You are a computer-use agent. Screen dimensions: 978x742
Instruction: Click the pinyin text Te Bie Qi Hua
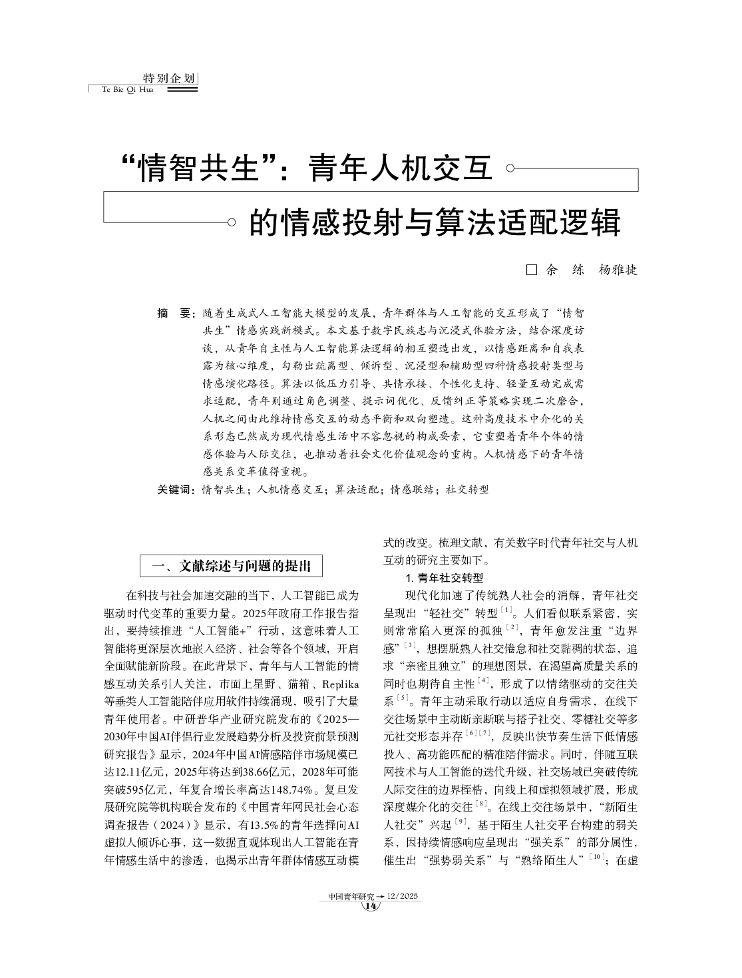coord(127,90)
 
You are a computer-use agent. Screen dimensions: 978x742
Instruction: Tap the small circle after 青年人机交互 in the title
coord(510,169)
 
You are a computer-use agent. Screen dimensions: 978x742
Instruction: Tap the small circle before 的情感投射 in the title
coord(231,222)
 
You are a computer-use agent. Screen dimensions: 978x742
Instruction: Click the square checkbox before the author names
coord(531,270)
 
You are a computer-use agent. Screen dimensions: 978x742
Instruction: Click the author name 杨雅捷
coord(618,270)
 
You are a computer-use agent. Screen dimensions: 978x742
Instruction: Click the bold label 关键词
coord(175,489)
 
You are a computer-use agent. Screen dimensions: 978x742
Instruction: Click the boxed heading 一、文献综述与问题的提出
coord(231,566)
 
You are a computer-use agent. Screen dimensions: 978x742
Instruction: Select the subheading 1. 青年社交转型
coord(444,577)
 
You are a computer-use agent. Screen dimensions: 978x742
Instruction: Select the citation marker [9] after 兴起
coord(459,821)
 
